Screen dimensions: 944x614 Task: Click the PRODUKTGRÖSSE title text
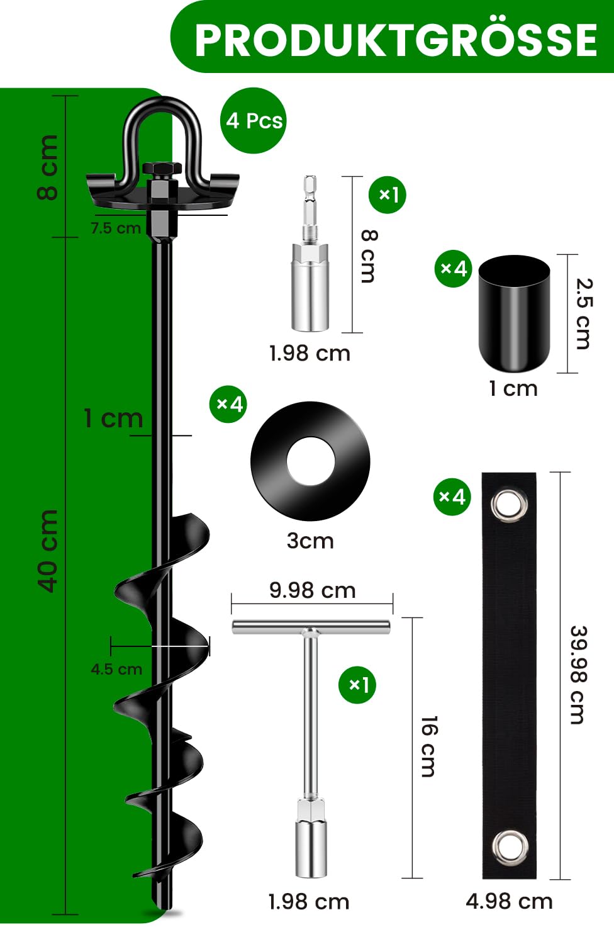coord(395,40)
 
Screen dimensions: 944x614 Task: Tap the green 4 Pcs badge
coord(254,120)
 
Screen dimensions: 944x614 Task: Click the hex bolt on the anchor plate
coord(162,170)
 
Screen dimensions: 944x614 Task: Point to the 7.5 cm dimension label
coord(116,228)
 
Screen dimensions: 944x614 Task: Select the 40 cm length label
coord(48,551)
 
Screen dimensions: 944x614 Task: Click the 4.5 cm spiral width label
coord(116,669)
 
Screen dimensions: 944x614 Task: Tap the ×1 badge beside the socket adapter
coord(388,195)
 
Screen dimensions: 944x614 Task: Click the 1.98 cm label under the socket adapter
coord(310,354)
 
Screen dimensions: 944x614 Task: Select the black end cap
coord(514,313)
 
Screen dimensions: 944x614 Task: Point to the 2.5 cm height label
coord(584,313)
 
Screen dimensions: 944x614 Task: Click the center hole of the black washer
coord(310,461)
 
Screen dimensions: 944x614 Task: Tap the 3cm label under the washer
coord(310,541)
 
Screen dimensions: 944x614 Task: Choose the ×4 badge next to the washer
coord(228,404)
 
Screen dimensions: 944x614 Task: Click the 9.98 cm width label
coord(312,590)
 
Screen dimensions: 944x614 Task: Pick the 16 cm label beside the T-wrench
coord(428,746)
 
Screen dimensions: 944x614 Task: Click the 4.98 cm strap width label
coord(509,901)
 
